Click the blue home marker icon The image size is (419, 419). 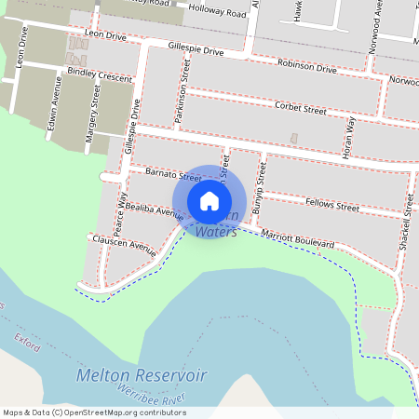coord(209,201)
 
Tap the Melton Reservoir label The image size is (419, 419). coord(142,375)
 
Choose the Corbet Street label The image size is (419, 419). coord(301,109)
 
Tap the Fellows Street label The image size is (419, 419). coord(332,207)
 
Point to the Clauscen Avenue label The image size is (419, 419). coord(123,245)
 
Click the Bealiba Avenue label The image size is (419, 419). coord(154,209)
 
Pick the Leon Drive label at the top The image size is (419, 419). coord(104,34)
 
